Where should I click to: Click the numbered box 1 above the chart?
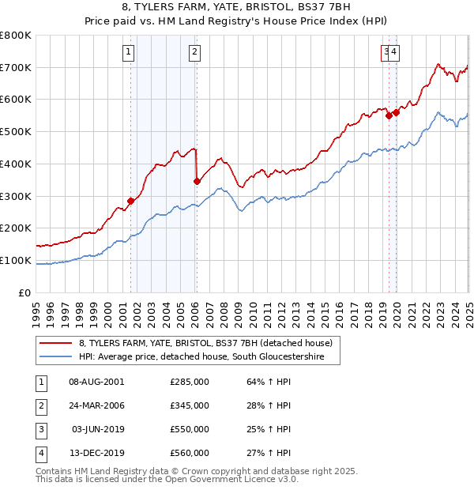(x=129, y=53)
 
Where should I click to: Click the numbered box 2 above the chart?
(x=194, y=53)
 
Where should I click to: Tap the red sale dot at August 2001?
(x=131, y=201)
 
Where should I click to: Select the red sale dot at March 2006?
(x=197, y=181)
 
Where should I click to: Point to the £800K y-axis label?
(x=16, y=36)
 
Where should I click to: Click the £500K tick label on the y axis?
(x=16, y=132)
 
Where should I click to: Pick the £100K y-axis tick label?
(x=16, y=260)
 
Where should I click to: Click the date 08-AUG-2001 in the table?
(x=96, y=382)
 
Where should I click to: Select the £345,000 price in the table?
(x=190, y=405)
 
